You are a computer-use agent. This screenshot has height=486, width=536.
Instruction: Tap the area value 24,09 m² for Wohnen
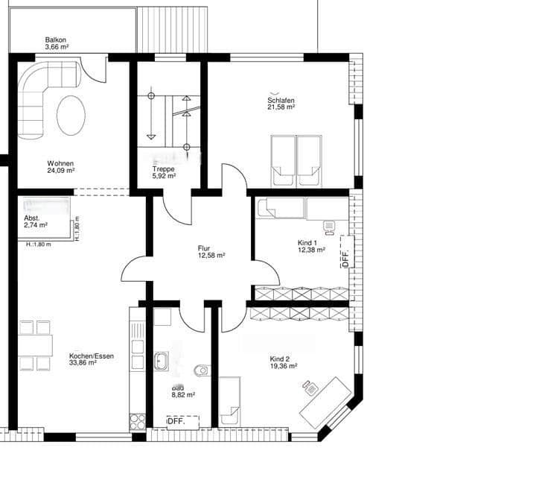[60, 171]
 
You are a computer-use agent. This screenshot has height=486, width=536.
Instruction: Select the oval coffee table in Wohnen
[71, 115]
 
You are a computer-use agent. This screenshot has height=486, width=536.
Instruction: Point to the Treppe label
[163, 169]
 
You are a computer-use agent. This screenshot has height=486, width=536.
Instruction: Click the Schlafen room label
[281, 101]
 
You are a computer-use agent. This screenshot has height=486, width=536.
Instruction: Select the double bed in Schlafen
[296, 160]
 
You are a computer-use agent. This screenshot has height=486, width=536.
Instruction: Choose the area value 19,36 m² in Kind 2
[284, 367]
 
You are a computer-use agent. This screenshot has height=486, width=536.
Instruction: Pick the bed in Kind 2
[230, 401]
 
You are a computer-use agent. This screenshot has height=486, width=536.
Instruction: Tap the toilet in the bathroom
[202, 370]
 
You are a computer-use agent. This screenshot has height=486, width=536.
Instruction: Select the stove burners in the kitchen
[138, 422]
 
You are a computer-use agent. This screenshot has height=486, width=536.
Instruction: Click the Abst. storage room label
[33, 218]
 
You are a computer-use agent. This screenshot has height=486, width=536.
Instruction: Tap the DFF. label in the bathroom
[176, 422]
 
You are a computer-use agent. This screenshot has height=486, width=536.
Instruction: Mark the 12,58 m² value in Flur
[211, 255]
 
